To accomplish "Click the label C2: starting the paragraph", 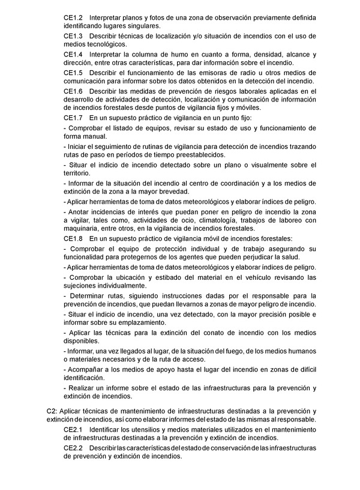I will (52, 411).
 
